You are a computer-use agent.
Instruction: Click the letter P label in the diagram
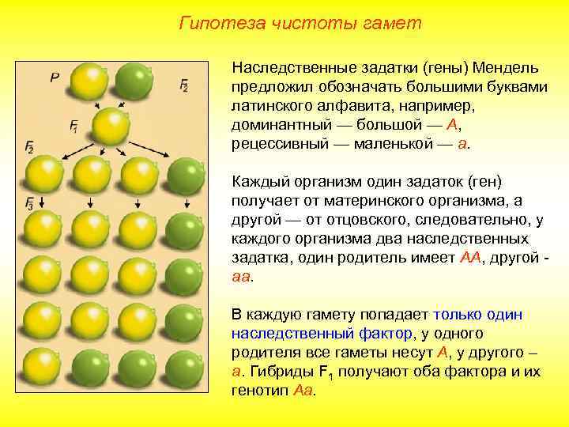[55, 77]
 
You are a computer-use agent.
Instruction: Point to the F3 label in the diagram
[30, 202]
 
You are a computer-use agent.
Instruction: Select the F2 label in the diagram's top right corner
[184, 85]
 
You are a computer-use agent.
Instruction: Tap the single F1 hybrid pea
[112, 126]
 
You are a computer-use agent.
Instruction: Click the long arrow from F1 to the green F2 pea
[158, 151]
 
